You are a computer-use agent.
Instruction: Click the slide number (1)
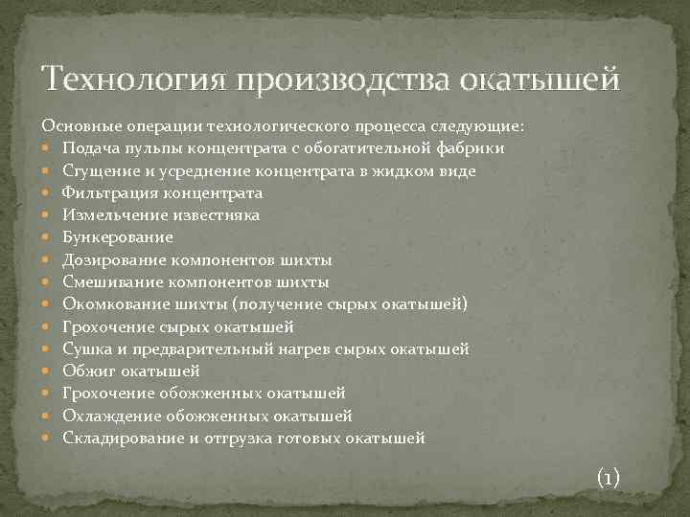coord(609,476)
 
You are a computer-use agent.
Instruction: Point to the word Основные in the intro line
coord(74,126)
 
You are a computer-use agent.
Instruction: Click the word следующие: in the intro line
coord(481,126)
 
